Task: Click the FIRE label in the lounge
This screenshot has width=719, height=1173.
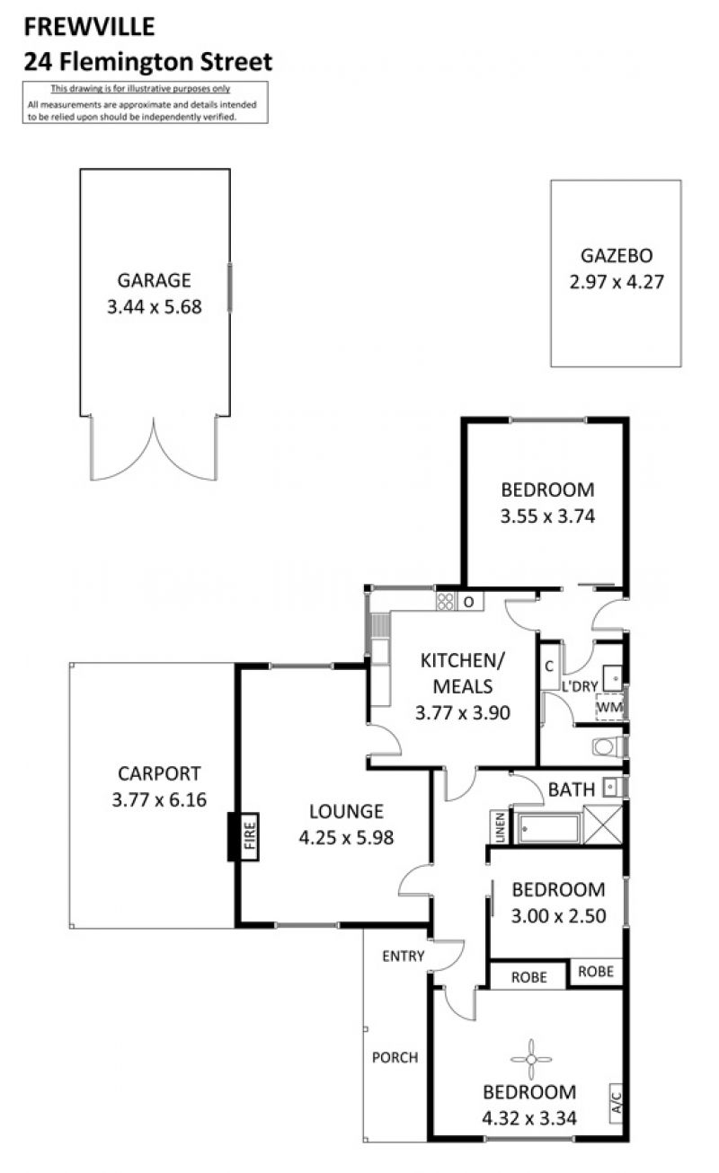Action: pyautogui.click(x=250, y=836)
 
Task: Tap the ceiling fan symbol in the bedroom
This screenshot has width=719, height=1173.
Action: pyautogui.click(x=531, y=1059)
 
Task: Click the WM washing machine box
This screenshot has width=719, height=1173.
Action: pyautogui.click(x=609, y=708)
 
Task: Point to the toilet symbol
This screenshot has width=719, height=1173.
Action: pyautogui.click(x=608, y=746)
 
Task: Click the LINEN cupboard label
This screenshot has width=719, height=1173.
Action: pyautogui.click(x=500, y=827)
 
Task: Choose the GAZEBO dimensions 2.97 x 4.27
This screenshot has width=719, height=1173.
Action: pyautogui.click(x=617, y=282)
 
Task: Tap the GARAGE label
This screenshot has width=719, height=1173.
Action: pyautogui.click(x=154, y=280)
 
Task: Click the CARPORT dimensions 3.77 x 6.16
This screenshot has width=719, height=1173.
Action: pyautogui.click(x=159, y=799)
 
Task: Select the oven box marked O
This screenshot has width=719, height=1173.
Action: pyautogui.click(x=469, y=602)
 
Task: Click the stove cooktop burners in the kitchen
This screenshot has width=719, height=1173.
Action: pyautogui.click(x=446, y=601)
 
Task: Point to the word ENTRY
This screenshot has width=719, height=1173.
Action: pyautogui.click(x=403, y=957)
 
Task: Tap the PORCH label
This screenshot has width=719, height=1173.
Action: pyautogui.click(x=395, y=1058)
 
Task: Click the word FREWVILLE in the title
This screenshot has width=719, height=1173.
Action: pyautogui.click(x=89, y=27)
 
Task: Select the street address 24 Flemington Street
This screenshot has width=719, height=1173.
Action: pyautogui.click(x=147, y=62)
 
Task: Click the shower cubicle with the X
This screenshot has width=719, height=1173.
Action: pyautogui.click(x=603, y=825)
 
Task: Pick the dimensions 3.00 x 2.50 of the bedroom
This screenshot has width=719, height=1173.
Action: pyautogui.click(x=558, y=916)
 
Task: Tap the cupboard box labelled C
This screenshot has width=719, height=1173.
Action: pyautogui.click(x=550, y=666)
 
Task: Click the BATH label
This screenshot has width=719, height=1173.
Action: pyautogui.click(x=572, y=789)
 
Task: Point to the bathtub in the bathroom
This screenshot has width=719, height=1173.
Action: pyautogui.click(x=548, y=828)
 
